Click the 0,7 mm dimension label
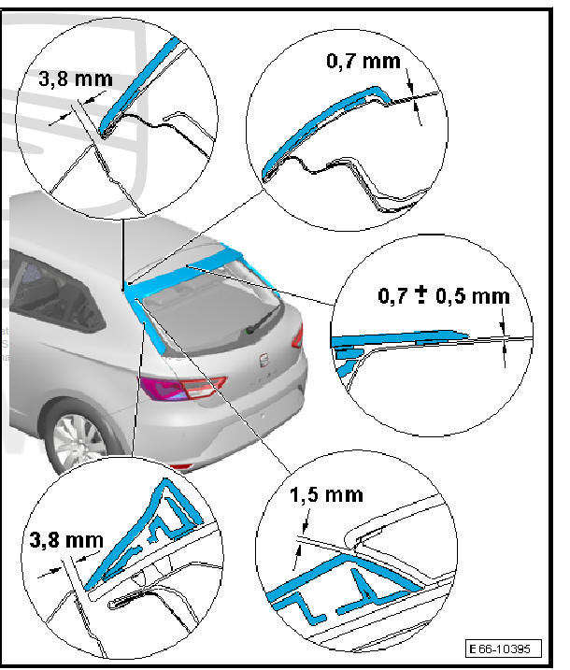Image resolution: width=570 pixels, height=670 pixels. [x=363, y=61]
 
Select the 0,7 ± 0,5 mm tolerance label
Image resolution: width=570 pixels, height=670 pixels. [x=444, y=295]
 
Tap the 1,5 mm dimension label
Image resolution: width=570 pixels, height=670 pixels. [x=326, y=495]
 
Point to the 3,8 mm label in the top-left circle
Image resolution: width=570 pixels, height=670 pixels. [x=76, y=79]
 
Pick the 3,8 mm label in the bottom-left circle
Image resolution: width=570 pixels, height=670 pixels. [x=66, y=540]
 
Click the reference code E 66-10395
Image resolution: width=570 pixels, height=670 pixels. [x=504, y=649]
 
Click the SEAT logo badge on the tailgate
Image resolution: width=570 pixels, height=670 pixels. [x=265, y=360]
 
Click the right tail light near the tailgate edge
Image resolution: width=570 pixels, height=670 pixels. [x=298, y=336]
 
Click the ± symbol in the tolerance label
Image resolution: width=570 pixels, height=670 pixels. [x=421, y=294]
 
